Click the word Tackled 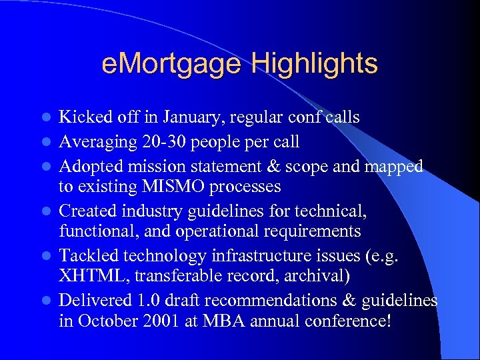(87, 255)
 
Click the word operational (218, 231)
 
